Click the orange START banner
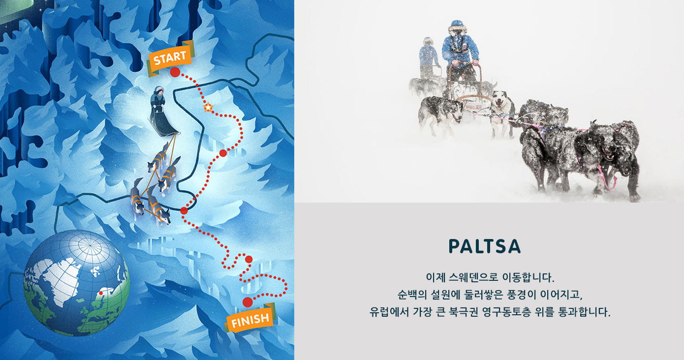[170, 58]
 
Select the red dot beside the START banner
[175, 72]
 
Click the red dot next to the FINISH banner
[248, 302]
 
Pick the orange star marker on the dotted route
[208, 107]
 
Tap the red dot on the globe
[101, 293]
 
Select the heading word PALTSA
[485, 246]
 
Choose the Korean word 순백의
[412, 295]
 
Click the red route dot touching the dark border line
[184, 210]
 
